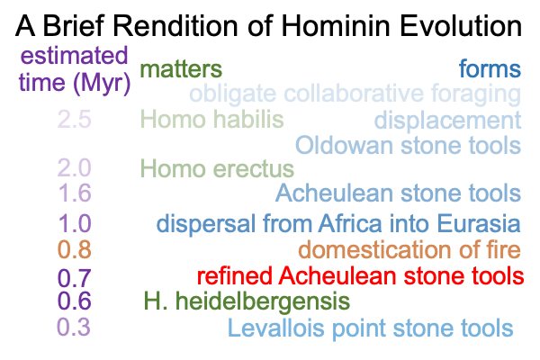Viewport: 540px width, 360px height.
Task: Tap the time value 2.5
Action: click(75, 119)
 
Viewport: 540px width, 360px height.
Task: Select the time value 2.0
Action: click(75, 168)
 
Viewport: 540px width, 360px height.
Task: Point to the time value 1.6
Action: click(75, 193)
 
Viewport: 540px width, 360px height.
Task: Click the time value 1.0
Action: click(75, 223)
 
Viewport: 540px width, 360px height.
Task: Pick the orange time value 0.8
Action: click(75, 249)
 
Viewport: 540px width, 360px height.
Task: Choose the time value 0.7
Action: click(75, 278)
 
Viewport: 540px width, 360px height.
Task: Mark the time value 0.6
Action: click(75, 301)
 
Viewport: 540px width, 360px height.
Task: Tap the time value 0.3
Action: click(74, 327)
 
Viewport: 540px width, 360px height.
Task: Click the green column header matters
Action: click(181, 69)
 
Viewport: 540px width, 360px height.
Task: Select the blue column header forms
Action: click(490, 69)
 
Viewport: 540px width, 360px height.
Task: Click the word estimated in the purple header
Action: click(74, 56)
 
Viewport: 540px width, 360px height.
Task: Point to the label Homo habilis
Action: click(211, 119)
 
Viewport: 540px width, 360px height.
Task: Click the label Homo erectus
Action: click(217, 169)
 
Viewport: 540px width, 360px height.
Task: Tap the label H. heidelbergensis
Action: click(247, 301)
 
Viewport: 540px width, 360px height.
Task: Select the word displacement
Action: click(447, 121)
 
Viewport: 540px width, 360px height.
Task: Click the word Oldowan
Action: click(345, 145)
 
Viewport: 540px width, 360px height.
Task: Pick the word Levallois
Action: click(276, 328)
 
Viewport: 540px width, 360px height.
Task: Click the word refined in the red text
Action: click(235, 276)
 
